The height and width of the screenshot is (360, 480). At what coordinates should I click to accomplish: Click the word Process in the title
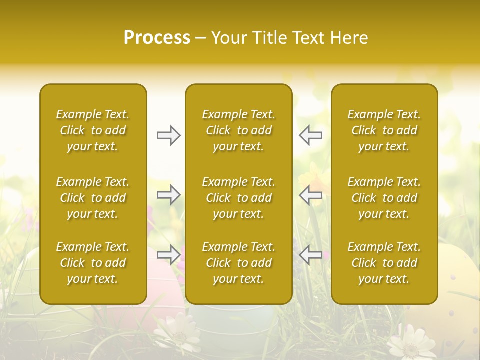[x=157, y=37]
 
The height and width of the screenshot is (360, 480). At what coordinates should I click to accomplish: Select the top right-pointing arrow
[x=168, y=135]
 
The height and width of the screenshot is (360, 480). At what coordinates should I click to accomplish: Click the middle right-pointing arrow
[x=168, y=195]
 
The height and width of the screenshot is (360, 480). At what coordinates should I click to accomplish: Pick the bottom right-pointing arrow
[x=168, y=255]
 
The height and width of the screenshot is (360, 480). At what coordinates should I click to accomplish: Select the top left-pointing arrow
[x=311, y=135]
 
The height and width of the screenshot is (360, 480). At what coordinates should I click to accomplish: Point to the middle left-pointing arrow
[x=311, y=195]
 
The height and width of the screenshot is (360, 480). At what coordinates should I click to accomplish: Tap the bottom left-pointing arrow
[x=311, y=255]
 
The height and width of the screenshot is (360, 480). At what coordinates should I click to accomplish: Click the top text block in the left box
[x=93, y=130]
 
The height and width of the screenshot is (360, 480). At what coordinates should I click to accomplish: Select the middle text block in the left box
[x=93, y=198]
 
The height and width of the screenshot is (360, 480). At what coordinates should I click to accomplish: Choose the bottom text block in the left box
[x=93, y=263]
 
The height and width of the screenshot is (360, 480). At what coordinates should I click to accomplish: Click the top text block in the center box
[x=238, y=130]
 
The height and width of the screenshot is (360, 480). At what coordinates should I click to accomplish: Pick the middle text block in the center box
[x=238, y=198]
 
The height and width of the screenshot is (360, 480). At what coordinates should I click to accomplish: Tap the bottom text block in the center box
[x=238, y=263]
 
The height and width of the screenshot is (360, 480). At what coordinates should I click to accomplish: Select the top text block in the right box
[x=384, y=130]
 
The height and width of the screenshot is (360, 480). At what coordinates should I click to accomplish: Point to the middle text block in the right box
[x=384, y=198]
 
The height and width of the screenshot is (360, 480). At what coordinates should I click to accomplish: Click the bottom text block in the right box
[x=384, y=263]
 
